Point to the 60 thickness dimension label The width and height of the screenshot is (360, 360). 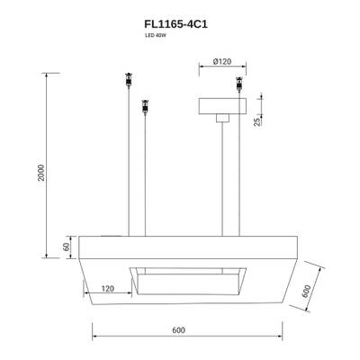(66, 246)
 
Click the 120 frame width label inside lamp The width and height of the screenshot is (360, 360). (108, 289)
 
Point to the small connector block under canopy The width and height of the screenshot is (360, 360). (222, 117)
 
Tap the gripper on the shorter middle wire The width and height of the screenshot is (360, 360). (144, 109)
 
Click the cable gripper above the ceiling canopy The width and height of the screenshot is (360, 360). (239, 85)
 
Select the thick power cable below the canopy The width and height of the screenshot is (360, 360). (222, 180)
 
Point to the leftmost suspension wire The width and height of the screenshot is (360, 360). (127, 162)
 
